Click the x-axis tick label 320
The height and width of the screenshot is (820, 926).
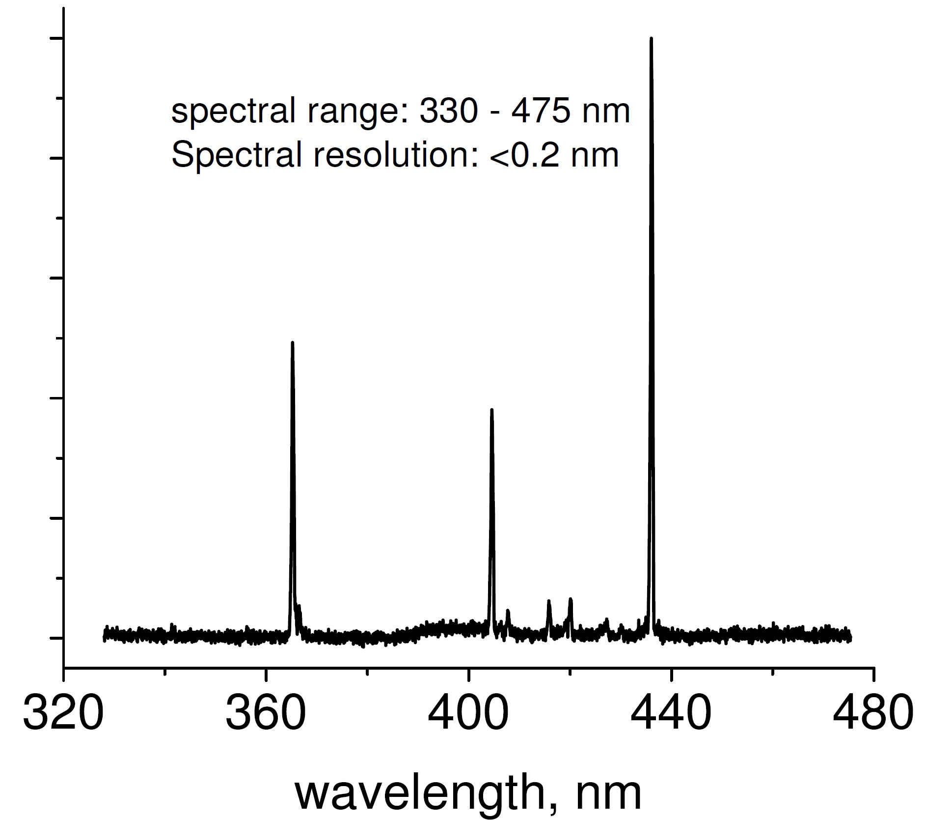point(63,713)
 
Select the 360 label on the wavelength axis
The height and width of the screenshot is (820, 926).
point(266,713)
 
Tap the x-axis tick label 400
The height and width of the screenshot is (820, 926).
point(468,713)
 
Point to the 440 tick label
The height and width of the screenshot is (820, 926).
point(671,713)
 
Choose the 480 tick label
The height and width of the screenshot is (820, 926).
point(873,713)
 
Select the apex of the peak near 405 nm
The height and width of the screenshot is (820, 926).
point(491,410)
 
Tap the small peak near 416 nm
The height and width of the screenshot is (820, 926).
point(549,601)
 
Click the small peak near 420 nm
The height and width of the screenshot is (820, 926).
point(570,599)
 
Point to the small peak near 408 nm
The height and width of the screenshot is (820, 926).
point(508,611)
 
